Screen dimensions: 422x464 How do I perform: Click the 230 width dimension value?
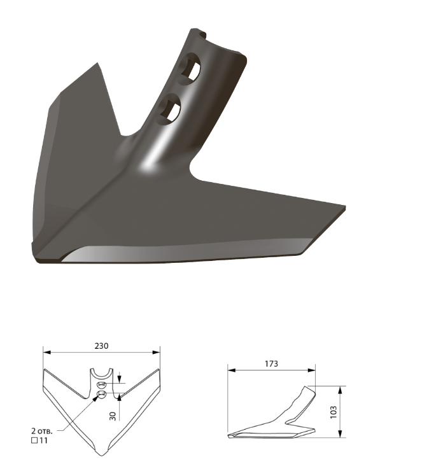point(101,346)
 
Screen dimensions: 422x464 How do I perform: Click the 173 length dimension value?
point(271,363)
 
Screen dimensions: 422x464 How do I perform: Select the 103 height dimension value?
point(334,412)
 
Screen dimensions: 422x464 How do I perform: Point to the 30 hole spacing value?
point(113,416)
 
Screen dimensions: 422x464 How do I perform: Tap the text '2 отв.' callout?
point(42,430)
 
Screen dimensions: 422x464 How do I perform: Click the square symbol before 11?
point(34,440)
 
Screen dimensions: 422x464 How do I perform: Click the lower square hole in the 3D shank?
point(169,109)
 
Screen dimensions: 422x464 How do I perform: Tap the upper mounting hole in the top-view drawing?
point(101,385)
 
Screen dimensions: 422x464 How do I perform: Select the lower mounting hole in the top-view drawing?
point(101,394)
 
